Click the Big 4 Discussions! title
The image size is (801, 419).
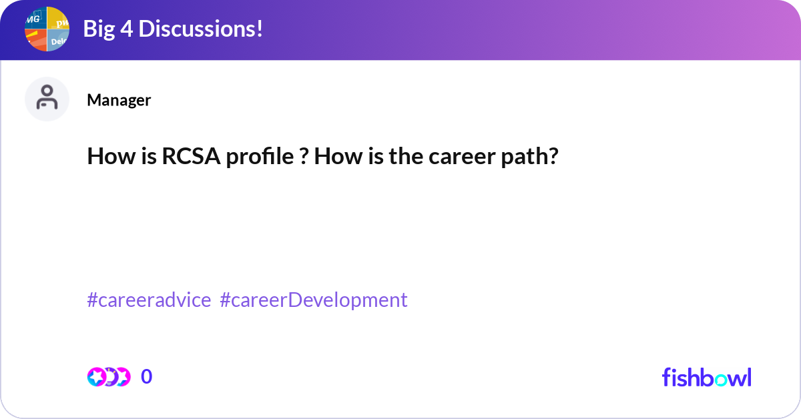coord(172,29)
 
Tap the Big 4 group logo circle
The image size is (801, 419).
coord(47,29)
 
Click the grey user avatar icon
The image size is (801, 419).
coord(47,99)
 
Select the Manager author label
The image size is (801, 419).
coord(119,100)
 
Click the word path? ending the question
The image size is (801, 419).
coord(534,157)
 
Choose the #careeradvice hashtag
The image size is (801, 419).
coord(149,300)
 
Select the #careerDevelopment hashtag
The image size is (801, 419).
coord(313,300)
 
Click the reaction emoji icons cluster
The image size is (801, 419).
coord(109,377)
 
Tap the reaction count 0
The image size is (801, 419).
coord(146,377)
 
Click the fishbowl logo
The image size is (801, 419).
coord(706,377)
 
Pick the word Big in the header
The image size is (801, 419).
coord(99,29)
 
